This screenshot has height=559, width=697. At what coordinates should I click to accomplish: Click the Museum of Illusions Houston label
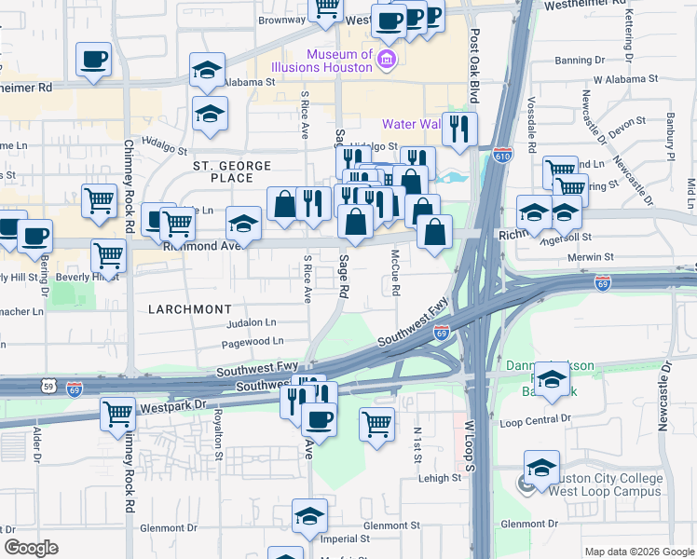tap(322, 61)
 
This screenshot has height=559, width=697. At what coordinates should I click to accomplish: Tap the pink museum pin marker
tap(387, 61)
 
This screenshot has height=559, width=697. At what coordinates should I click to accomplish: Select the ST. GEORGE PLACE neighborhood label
tap(232, 171)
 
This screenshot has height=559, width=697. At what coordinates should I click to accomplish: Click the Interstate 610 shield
tap(503, 155)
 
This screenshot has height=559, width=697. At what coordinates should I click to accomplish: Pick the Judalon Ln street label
tap(252, 323)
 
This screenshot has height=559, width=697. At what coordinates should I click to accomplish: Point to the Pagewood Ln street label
tap(253, 342)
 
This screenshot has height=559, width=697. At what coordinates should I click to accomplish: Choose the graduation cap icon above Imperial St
tap(310, 515)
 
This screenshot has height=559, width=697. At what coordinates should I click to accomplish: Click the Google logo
tap(31, 548)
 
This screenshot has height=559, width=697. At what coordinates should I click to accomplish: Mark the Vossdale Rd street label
tap(532, 125)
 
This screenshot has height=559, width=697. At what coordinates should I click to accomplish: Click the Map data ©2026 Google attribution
tap(639, 552)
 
